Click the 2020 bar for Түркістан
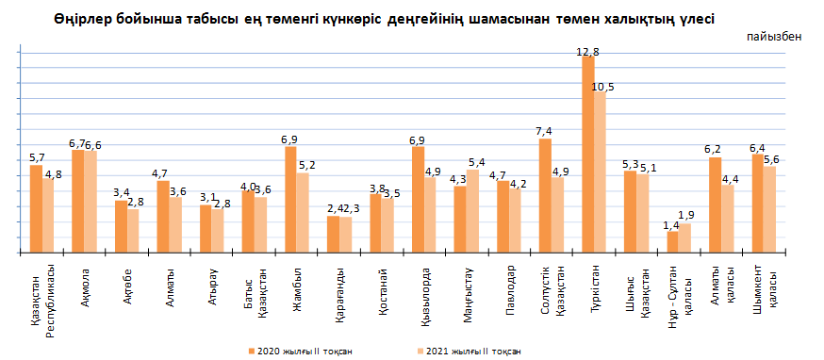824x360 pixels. pyautogui.click(x=588, y=155)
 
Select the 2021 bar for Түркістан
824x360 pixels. pyautogui.click(x=601, y=172)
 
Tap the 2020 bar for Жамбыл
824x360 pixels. pyautogui.click(x=290, y=200)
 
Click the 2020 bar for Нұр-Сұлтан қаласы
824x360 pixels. pyautogui.click(x=672, y=243)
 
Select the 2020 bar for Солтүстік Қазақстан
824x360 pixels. pyautogui.click(x=545, y=196)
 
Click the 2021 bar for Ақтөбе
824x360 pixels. pyautogui.click(x=133, y=232)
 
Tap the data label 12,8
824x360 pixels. pyautogui.click(x=588, y=49)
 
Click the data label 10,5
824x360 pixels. pyautogui.click(x=602, y=87)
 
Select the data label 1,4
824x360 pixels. pyautogui.click(x=671, y=224)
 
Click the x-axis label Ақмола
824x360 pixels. pyautogui.click(x=85, y=284)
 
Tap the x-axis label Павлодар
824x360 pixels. pyautogui.click(x=509, y=287)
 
